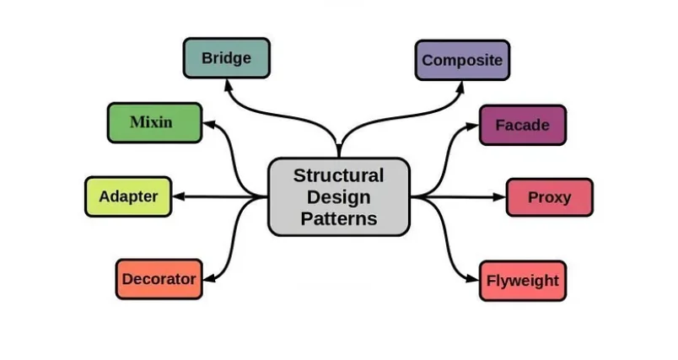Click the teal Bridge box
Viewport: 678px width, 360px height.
225,58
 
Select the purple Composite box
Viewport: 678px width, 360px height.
462,60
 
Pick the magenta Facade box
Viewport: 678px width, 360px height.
522,125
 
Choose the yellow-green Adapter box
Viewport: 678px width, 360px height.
128,196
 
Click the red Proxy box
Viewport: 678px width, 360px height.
549,197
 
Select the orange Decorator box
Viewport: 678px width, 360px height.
159,279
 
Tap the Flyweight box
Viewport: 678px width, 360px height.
522,280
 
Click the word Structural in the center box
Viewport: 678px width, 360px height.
338,175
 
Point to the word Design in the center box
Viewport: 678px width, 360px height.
338,196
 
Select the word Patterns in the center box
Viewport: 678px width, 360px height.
338,218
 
